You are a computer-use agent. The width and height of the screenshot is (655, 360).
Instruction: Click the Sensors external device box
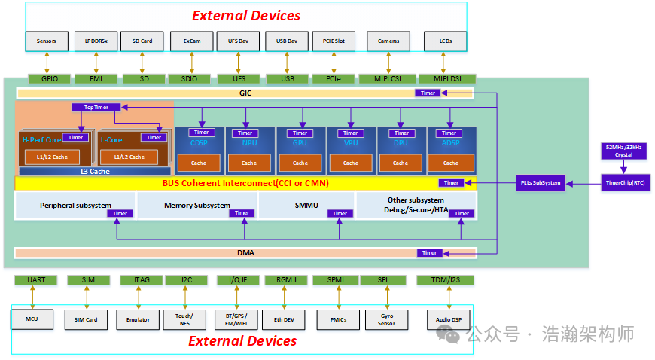tap(47, 41)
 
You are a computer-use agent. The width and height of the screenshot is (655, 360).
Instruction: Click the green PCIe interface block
tap(334, 78)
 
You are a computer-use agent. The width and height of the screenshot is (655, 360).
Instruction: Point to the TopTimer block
tap(96, 108)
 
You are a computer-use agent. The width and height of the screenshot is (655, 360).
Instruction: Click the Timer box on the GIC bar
tap(428, 93)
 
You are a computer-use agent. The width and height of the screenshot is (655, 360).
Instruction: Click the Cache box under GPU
tap(300, 163)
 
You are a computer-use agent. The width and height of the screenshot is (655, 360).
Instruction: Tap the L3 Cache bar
tap(94, 171)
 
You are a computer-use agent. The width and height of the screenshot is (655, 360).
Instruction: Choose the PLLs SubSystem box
tap(541, 182)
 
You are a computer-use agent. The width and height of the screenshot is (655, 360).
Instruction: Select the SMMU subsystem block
tap(306, 205)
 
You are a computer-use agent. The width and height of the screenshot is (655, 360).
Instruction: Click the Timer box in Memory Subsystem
tap(242, 213)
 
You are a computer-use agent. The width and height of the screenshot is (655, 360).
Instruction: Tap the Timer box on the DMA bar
tap(429, 253)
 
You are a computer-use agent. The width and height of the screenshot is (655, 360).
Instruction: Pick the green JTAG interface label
tap(141, 280)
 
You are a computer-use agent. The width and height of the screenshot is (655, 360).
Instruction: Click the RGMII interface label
tap(286, 280)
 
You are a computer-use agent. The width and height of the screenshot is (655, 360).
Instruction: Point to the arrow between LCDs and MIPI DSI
tap(445, 63)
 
